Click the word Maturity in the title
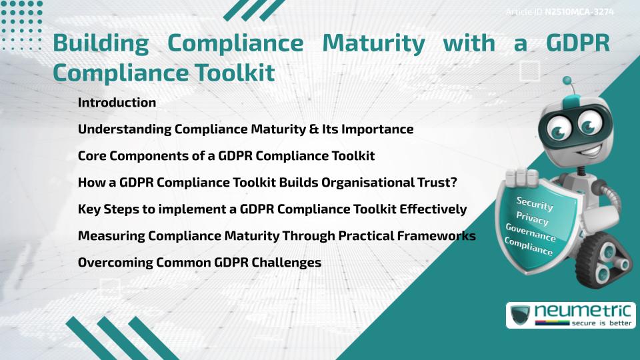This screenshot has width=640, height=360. tap(373, 43)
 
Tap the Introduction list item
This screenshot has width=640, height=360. tap(117, 103)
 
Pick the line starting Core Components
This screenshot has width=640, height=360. tap(226, 156)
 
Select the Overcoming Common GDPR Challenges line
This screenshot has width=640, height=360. tap(199, 263)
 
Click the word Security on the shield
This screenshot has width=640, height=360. tap(534, 203)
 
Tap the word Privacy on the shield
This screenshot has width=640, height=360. tap(532, 218)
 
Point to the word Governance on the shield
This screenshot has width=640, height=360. tap(531, 233)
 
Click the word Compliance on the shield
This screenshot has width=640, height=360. tap(529, 247)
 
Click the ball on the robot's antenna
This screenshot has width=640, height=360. tap(567, 81)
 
